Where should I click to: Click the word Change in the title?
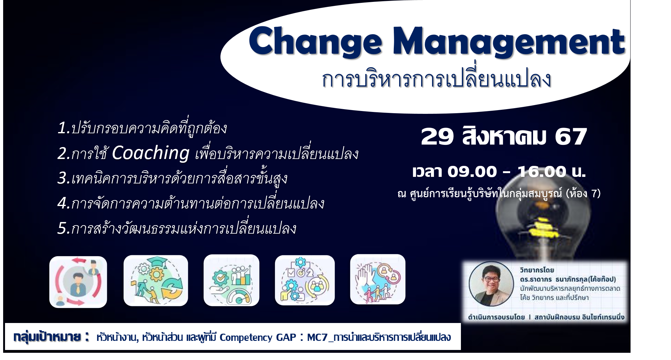point(315,42)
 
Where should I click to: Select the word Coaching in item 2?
point(151,153)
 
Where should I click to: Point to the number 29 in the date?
point(437,137)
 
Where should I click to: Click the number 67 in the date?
point(571,137)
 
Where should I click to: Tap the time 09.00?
point(472,172)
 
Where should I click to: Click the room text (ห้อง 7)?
point(583,193)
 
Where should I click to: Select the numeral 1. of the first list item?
point(64,128)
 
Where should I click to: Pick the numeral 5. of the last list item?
point(64,228)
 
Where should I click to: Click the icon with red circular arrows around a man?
point(78,282)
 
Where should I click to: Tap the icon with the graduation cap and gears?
point(156,281)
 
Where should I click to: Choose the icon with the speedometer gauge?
point(231,280)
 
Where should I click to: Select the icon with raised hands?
point(378,279)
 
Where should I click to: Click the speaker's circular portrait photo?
point(491,284)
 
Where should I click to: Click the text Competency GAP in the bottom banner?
point(258,337)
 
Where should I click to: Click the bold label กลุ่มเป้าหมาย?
point(47,337)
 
